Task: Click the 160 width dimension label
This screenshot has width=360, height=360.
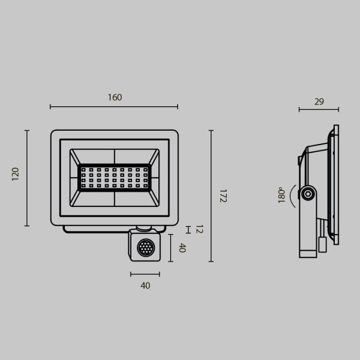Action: click(115, 97)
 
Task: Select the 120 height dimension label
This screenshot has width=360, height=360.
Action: click(16, 174)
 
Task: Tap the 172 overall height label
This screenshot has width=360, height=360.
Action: click(223, 196)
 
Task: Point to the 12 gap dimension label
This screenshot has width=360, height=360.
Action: click(199, 229)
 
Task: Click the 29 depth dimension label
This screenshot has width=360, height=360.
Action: click(319, 101)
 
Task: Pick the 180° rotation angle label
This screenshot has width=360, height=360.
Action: click(281, 195)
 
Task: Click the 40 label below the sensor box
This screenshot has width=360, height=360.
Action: click(145, 286)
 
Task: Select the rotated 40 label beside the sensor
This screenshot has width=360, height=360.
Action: click(182, 248)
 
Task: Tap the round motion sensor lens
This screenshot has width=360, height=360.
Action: click(145, 248)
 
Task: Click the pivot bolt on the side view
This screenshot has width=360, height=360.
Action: click(308, 193)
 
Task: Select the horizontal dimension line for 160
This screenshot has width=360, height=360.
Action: click(114, 107)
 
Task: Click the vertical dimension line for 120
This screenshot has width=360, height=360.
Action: click(27, 178)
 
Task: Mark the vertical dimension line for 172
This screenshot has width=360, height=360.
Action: click(211, 196)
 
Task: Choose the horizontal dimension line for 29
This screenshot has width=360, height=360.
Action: click(319, 110)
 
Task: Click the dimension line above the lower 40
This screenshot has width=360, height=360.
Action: click(145, 274)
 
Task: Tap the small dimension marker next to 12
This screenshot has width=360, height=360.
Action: click(188, 229)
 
